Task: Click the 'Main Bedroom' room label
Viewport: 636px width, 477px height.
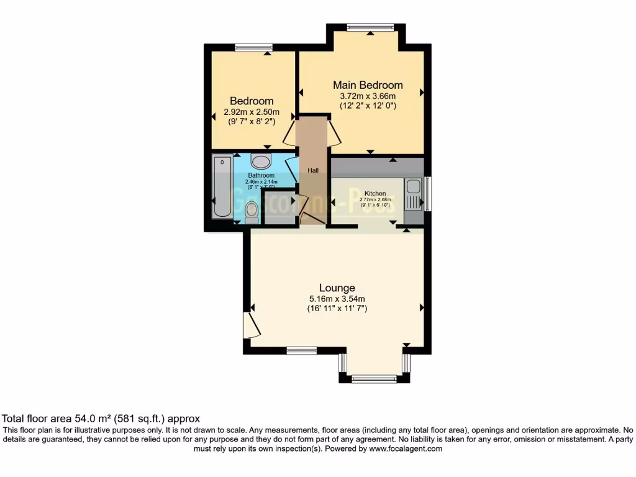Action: click(x=368, y=85)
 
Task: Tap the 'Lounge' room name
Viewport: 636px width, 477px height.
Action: click(x=337, y=288)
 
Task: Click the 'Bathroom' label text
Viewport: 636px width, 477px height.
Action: click(x=261, y=175)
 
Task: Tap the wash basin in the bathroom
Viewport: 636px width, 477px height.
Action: click(x=262, y=162)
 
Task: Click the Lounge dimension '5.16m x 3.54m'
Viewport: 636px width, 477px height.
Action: click(x=337, y=298)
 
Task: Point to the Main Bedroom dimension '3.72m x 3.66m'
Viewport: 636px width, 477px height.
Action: click(x=368, y=96)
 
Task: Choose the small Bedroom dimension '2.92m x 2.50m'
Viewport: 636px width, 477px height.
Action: click(x=252, y=112)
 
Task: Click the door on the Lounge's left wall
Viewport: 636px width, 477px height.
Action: click(x=250, y=324)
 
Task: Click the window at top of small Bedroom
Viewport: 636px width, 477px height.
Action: click(x=253, y=47)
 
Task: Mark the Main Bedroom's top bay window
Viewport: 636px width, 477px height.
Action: click(x=370, y=27)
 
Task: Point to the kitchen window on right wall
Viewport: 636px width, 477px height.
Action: click(x=427, y=194)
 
